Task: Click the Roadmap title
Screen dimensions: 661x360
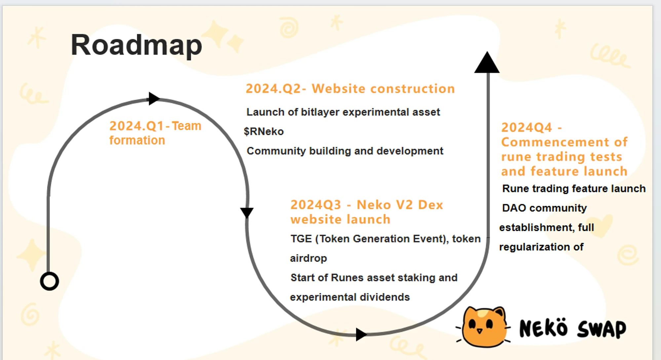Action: point(136,46)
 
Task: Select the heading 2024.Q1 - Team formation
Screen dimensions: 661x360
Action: point(155,133)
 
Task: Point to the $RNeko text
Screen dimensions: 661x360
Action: point(264,131)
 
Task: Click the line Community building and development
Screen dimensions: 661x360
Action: point(345,151)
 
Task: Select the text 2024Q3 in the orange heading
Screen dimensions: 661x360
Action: point(316,205)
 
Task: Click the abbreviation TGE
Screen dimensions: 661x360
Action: point(301,238)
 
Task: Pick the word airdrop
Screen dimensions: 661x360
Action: point(308,258)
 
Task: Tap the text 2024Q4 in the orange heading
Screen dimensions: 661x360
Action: point(526,127)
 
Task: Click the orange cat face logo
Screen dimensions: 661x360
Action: point(484,327)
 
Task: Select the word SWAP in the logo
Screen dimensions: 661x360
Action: point(602,329)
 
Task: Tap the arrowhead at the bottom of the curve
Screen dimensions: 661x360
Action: point(361,334)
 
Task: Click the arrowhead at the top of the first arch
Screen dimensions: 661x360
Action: point(154,98)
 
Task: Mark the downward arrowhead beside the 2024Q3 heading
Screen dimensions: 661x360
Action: point(247,213)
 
